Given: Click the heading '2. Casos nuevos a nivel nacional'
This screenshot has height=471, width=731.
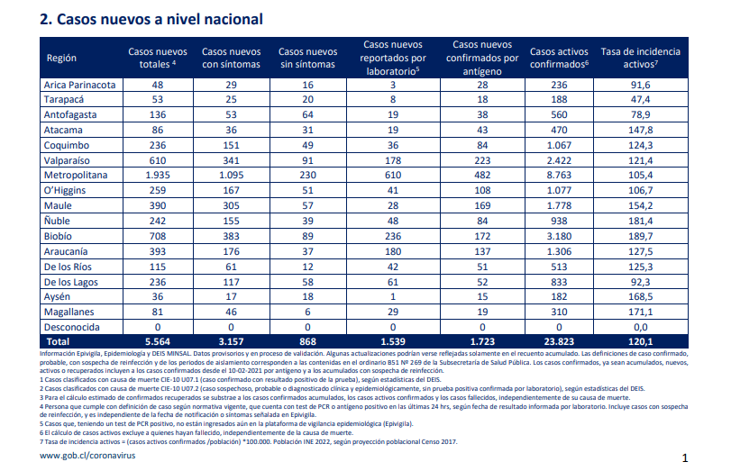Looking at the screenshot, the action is [151, 19].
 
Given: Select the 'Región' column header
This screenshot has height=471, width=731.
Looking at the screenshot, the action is [61, 58].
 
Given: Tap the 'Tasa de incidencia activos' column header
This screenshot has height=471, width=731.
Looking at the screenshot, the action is [640, 58].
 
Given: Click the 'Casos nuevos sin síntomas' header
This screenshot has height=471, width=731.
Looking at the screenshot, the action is [307, 58].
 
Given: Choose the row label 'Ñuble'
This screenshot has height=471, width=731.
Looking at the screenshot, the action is [57, 221].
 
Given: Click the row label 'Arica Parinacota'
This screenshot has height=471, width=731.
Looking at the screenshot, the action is [79, 85].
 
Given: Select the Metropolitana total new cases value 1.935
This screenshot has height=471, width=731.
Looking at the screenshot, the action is [158, 176].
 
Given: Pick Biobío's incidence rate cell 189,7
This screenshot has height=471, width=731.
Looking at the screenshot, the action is [640, 236].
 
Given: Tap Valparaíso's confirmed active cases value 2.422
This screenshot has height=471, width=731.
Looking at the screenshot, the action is [559, 160].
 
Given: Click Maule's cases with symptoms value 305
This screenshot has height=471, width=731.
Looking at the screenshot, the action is [231, 205].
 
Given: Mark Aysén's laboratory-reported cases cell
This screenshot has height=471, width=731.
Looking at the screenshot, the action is [393, 297].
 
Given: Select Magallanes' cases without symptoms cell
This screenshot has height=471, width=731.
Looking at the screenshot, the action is [307, 312].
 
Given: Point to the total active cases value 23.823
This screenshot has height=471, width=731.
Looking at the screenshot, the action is [559, 341].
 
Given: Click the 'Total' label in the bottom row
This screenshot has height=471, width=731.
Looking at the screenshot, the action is [58, 341].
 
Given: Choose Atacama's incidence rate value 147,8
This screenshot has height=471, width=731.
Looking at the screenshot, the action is [640, 130].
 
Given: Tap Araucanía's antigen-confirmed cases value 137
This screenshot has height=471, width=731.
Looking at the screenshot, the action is [482, 251].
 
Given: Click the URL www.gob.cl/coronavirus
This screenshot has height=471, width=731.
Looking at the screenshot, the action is [87, 455].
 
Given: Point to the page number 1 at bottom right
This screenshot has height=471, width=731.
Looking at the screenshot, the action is [685, 458].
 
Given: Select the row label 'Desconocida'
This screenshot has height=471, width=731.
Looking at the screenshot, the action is [72, 327].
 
